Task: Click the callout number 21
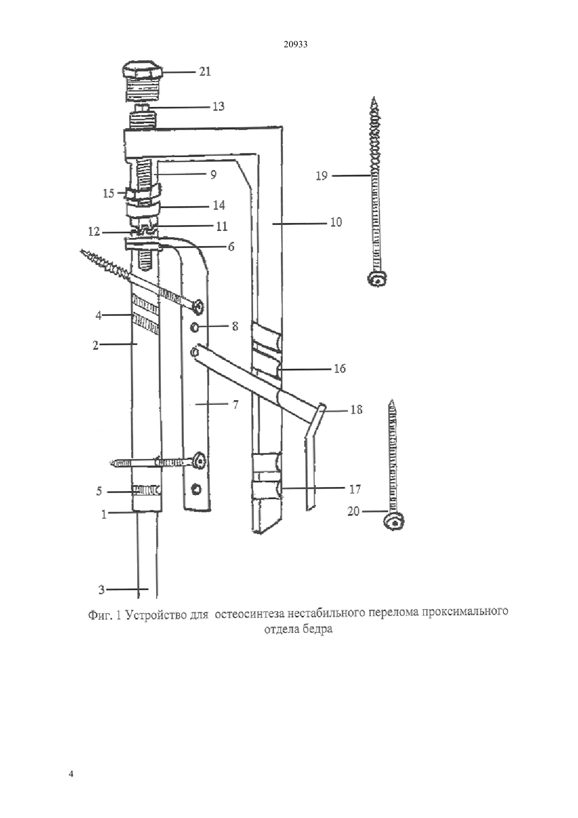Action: (205, 71)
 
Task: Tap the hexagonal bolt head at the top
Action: (142, 71)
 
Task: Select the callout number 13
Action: (219, 107)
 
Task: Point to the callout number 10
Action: (336, 222)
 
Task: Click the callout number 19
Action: (322, 176)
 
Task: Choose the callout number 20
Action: (354, 512)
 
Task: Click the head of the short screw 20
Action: (395, 523)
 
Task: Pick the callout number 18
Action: (356, 410)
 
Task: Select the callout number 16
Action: (340, 369)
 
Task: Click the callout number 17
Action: (355, 489)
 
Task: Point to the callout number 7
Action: (235, 405)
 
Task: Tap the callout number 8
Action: (235, 326)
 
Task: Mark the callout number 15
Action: (109, 193)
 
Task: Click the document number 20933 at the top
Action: (295, 45)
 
